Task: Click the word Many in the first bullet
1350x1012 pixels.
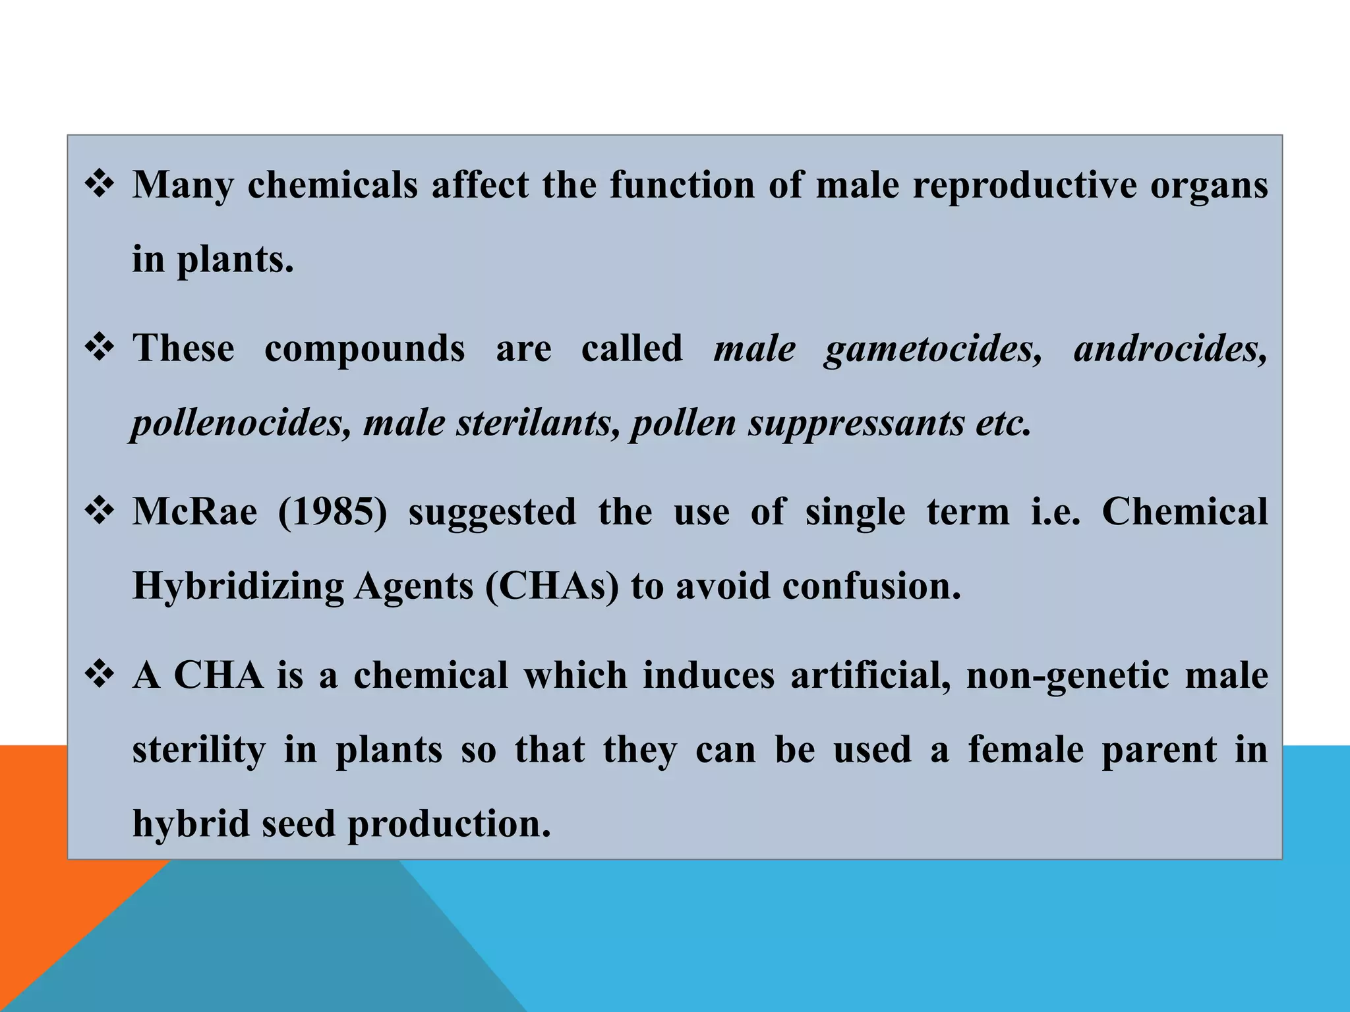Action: click(183, 185)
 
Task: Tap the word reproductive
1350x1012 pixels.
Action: click(1024, 185)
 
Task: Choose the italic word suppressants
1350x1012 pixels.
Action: click(856, 423)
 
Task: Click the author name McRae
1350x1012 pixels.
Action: click(194, 512)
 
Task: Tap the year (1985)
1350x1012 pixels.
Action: click(332, 512)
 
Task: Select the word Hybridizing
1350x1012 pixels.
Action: click(238, 586)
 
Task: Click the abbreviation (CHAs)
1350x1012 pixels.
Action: click(552, 586)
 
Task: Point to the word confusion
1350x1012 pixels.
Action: click(871, 586)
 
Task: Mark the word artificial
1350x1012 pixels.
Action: click(870, 676)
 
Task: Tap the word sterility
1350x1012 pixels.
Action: click(198, 750)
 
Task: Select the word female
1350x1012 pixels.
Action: click(1026, 750)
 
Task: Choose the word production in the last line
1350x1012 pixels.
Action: click(448, 824)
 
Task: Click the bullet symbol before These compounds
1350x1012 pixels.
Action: click(100, 348)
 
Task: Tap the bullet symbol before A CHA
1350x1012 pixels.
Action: click(100, 675)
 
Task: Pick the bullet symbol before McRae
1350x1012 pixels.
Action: click(100, 511)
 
